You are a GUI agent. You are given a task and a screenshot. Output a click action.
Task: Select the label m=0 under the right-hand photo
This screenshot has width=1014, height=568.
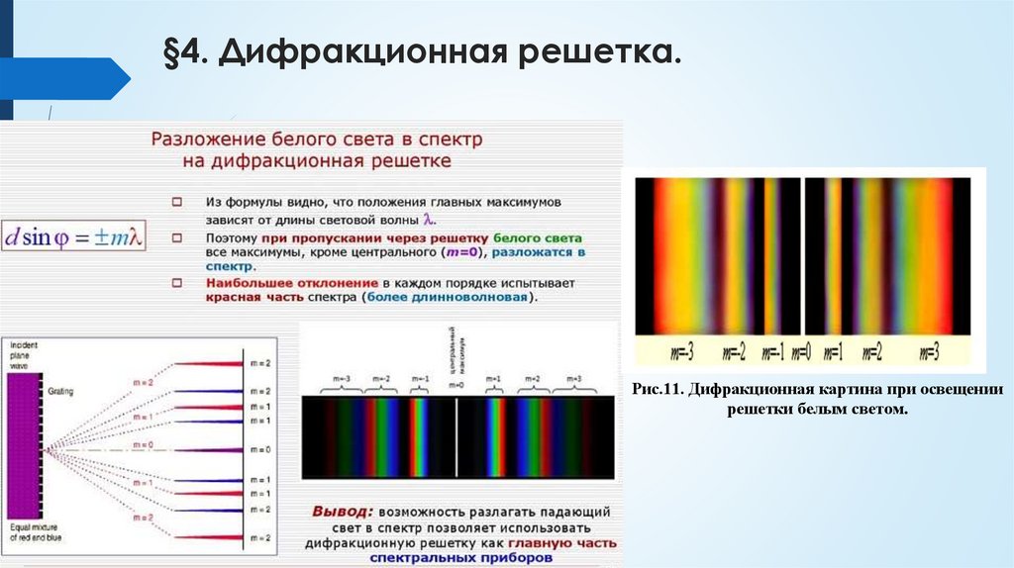click(x=802, y=351)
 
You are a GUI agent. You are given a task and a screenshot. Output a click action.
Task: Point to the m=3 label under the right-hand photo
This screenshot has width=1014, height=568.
click(x=928, y=351)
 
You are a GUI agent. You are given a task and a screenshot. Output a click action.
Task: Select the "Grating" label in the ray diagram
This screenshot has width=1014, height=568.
click(x=60, y=392)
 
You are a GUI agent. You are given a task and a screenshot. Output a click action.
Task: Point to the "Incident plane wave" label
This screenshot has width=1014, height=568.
click(x=22, y=353)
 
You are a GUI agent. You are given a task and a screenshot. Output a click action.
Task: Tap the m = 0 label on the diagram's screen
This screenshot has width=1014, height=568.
click(x=260, y=449)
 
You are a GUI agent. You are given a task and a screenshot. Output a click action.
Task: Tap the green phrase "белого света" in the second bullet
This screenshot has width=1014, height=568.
click(x=537, y=238)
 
